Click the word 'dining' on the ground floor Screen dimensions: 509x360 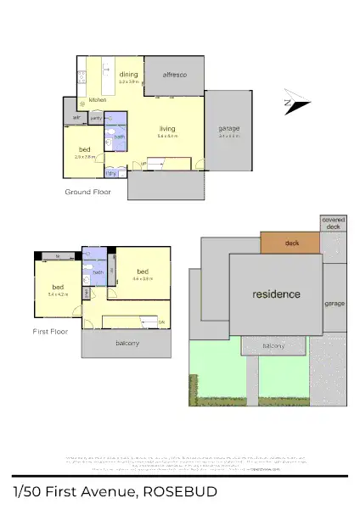pos(128,74)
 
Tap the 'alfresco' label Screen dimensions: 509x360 pos(174,76)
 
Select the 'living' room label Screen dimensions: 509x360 pos(166,129)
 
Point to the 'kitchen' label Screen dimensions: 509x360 pos(98,100)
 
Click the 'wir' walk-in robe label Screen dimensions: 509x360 pos(76,117)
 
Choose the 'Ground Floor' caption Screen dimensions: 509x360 pos(88,193)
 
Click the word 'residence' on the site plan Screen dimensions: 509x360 pos(276,294)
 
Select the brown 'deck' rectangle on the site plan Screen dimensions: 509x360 pos(291,243)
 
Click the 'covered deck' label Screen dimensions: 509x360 pos(333,223)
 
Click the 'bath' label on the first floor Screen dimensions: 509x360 pos(98,272)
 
